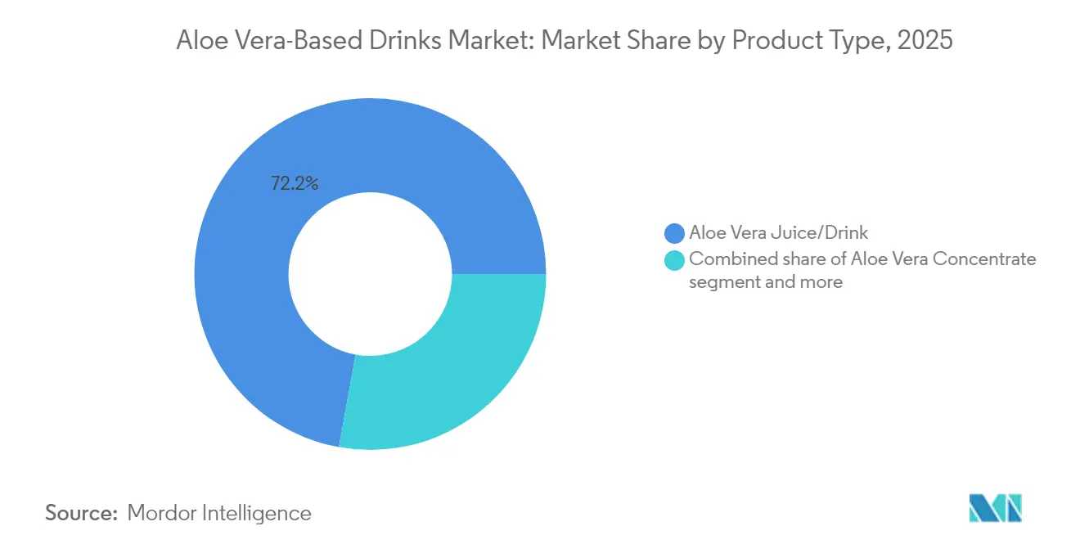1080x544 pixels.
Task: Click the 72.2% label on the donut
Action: point(295,184)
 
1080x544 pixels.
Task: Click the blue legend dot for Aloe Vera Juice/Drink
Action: point(675,233)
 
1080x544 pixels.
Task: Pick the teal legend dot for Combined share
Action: point(675,260)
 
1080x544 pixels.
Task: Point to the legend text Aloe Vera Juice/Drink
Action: point(778,233)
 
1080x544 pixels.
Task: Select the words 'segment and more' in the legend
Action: point(765,282)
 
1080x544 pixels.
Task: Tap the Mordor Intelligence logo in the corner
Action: point(995,509)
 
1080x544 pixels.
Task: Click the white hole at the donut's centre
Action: point(370,274)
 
